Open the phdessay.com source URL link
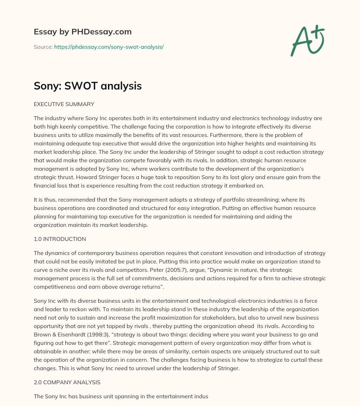[109, 47]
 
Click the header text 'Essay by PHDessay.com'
[83, 32]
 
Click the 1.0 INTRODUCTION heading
[60, 239]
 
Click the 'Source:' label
[43, 47]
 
